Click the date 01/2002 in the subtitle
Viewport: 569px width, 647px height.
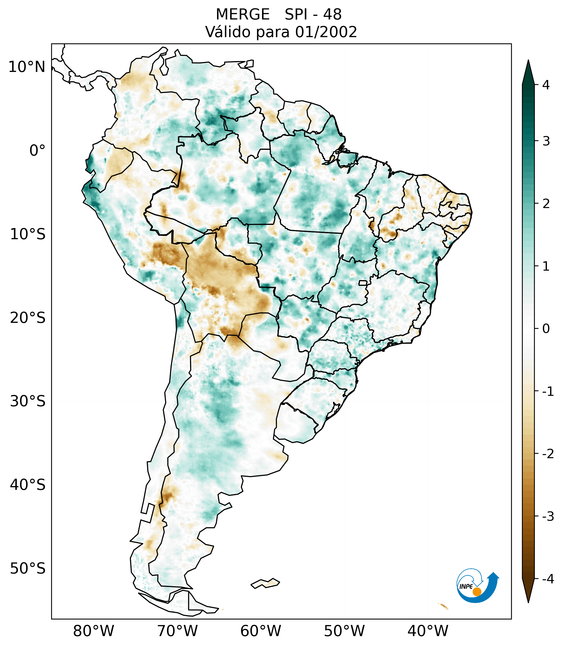326,32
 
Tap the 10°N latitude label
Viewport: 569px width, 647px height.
26,67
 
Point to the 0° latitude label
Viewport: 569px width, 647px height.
37,151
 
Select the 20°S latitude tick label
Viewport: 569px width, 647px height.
28,318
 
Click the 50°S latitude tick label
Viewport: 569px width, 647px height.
28,569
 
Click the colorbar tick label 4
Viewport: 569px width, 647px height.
546,85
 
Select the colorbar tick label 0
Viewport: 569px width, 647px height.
546,329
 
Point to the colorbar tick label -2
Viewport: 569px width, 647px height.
548,454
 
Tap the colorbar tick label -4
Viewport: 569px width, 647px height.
548,579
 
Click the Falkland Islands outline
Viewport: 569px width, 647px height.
265,583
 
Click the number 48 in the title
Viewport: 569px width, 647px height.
332,15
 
